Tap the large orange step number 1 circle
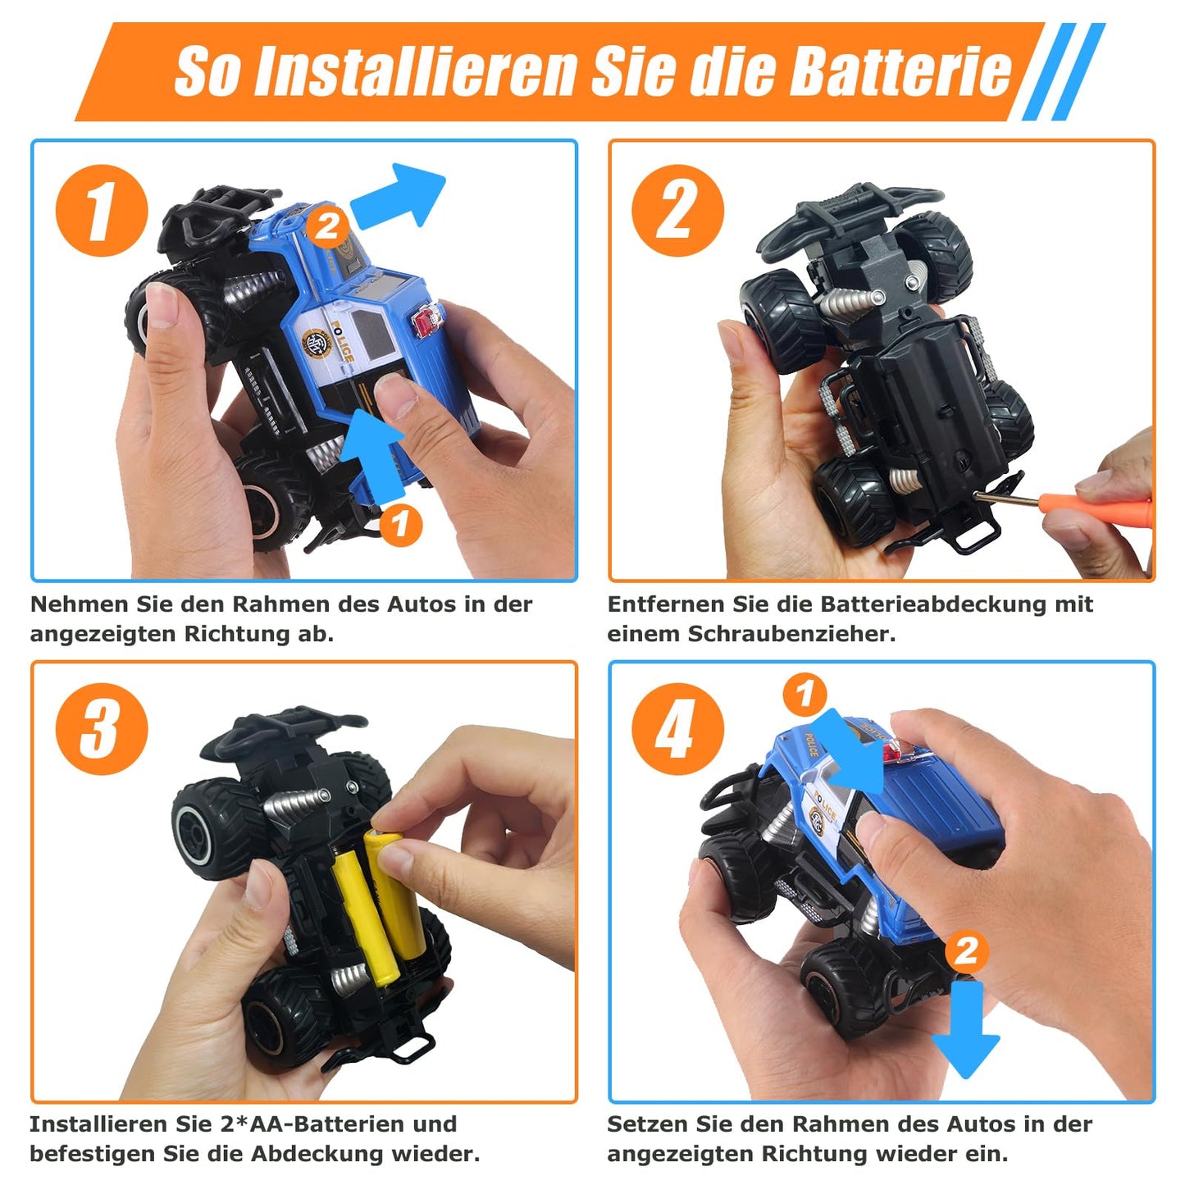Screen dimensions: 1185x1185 pyautogui.click(x=102, y=210)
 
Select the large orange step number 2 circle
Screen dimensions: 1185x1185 pyautogui.click(x=677, y=210)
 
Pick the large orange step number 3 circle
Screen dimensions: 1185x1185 pyautogui.click(x=102, y=729)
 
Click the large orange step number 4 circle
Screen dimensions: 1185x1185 pyautogui.click(x=677, y=729)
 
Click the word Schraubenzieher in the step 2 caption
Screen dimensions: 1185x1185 pyautogui.click(x=791, y=634)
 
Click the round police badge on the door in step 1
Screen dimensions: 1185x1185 pyautogui.click(x=316, y=343)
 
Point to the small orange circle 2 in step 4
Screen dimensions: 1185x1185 pyautogui.click(x=965, y=950)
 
